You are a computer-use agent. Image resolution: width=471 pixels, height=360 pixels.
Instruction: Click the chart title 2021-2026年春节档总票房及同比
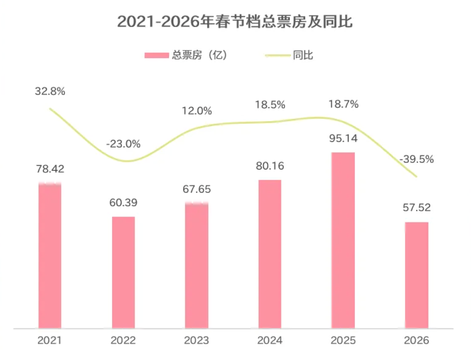click(235, 22)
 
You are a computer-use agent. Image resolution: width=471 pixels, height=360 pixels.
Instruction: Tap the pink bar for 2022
click(123, 272)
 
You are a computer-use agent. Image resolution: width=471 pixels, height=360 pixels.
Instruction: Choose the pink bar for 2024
click(270, 254)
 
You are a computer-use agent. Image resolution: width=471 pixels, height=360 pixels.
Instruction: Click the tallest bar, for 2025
click(343, 240)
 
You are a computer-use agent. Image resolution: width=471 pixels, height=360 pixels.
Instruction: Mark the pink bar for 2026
click(416, 275)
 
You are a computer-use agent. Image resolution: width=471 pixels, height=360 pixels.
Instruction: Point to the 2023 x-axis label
click(197, 340)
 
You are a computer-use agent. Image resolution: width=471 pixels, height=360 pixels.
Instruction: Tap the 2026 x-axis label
click(416, 340)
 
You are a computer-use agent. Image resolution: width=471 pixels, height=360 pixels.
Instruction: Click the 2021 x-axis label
click(50, 340)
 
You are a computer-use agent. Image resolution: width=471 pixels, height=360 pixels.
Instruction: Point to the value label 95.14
click(343, 139)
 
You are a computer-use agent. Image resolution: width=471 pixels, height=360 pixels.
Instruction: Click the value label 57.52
click(416, 208)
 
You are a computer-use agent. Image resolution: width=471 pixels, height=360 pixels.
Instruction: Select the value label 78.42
click(50, 169)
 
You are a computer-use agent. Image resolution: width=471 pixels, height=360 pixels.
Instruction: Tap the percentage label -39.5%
click(416, 159)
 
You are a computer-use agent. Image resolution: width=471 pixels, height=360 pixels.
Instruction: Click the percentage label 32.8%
click(50, 91)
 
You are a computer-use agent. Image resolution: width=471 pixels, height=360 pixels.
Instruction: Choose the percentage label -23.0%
click(123, 144)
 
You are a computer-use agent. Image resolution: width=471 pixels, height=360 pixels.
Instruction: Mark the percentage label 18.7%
click(343, 104)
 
